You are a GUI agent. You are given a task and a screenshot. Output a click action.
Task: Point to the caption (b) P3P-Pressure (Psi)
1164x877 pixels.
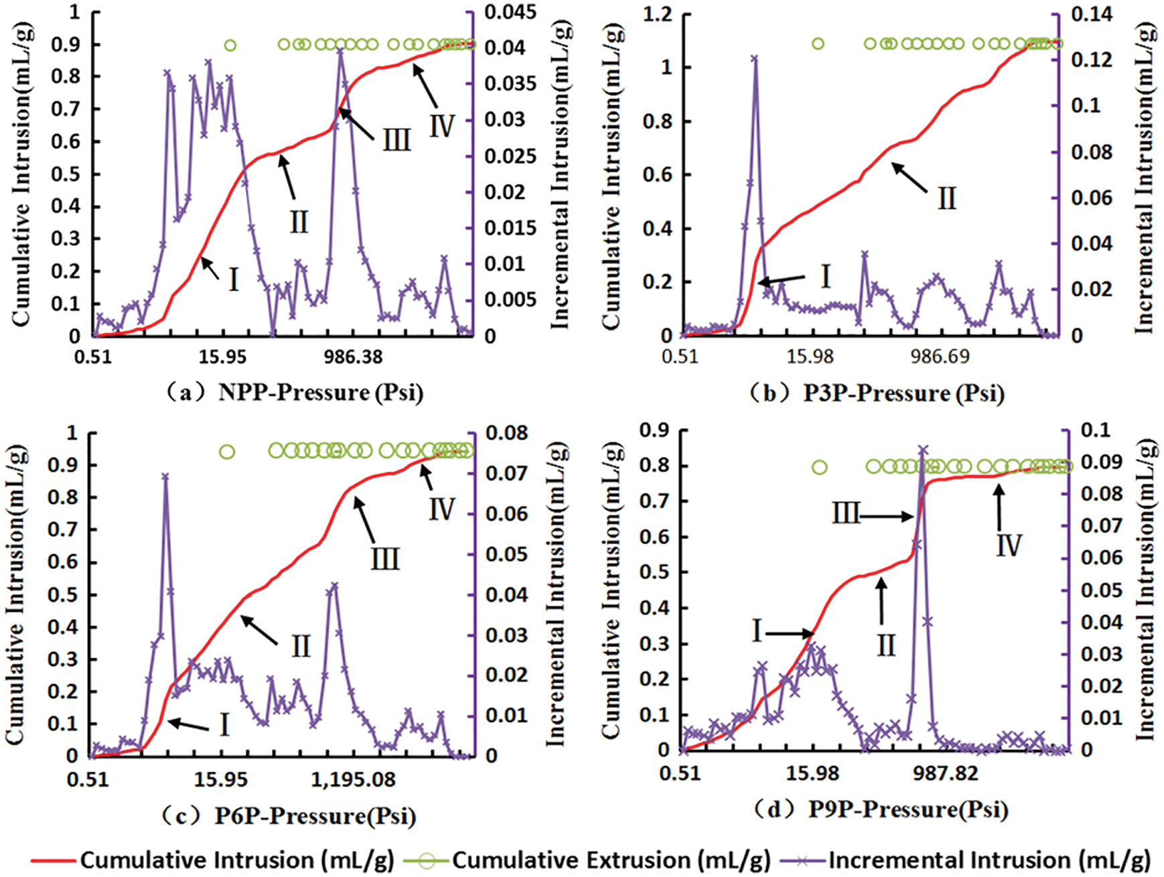(x=877, y=393)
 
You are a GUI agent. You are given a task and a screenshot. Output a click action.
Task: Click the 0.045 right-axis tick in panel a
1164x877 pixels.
(x=510, y=12)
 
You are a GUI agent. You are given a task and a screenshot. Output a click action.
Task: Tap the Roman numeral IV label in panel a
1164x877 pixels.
(x=442, y=126)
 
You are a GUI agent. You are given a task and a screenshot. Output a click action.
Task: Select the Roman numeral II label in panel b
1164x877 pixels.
(x=946, y=198)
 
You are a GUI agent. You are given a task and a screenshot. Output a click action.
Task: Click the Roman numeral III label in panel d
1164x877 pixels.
(x=846, y=515)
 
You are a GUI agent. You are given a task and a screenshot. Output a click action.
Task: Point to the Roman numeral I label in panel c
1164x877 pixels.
(x=224, y=724)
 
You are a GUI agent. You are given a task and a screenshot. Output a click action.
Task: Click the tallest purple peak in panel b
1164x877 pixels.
(x=755, y=58)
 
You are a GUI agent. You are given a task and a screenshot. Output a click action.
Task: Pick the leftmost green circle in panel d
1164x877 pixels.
(x=819, y=467)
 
